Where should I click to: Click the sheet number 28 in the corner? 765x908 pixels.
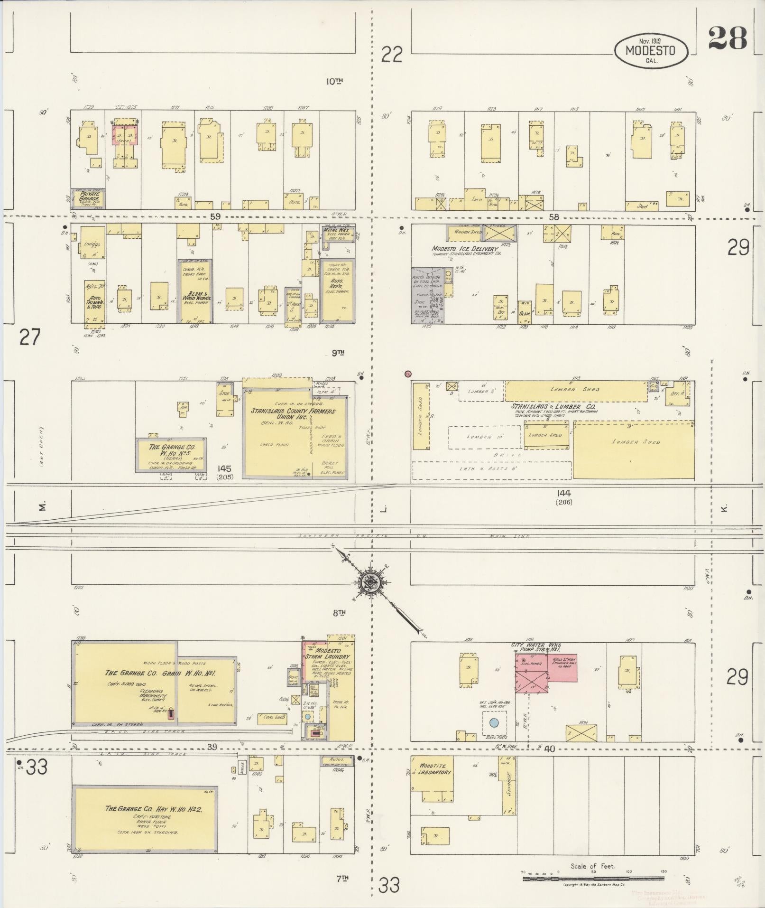(x=728, y=38)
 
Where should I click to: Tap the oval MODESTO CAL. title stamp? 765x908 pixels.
(x=650, y=50)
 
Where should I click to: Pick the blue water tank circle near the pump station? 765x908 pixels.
(x=494, y=723)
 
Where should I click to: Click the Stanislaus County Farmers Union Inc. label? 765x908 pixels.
(x=293, y=414)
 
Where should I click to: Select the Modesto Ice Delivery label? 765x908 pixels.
(x=465, y=249)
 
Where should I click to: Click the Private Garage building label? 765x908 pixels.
(x=89, y=196)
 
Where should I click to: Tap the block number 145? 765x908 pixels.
(x=225, y=469)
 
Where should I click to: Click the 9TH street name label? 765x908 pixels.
(x=338, y=352)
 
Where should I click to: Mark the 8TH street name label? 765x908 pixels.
(x=338, y=613)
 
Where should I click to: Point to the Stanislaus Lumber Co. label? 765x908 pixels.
(x=553, y=406)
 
